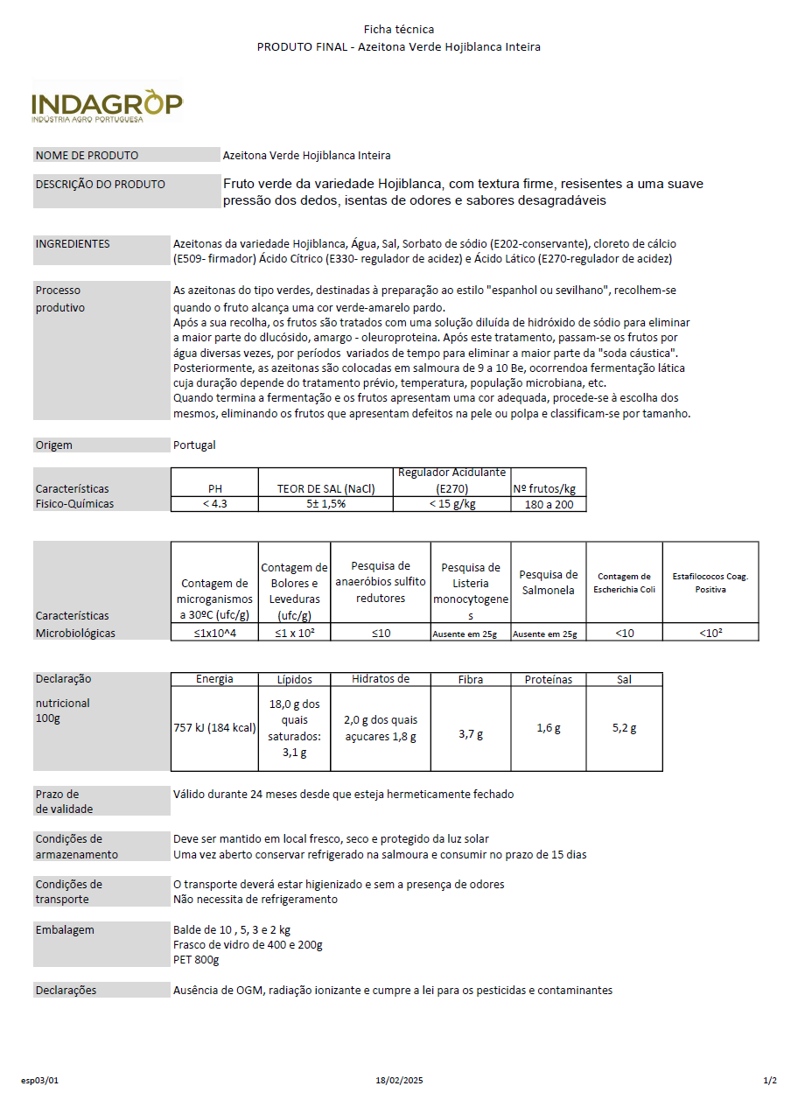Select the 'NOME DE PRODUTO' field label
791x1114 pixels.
coord(87,156)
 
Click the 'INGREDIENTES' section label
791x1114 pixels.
coord(73,244)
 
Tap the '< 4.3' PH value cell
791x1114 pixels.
coord(214,504)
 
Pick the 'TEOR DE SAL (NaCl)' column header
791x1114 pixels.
coord(325,488)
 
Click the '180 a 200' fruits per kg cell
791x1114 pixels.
coord(549,505)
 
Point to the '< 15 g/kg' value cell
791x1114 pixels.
coord(451,504)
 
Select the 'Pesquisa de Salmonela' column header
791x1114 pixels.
coord(549,582)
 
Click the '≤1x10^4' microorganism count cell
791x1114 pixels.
coord(215,633)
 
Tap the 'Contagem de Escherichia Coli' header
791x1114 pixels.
coord(624,583)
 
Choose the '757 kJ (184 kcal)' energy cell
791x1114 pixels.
coord(214,728)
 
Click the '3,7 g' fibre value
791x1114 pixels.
coord(471,734)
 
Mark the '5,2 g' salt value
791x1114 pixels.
coord(624,728)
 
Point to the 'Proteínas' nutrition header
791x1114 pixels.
coord(549,680)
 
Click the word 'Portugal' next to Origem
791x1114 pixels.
coord(194,445)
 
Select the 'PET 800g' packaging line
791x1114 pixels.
coord(196,960)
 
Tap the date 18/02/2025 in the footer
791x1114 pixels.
coord(399,1081)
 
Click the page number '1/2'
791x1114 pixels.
coord(770,1081)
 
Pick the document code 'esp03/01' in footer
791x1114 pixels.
coord(39,1081)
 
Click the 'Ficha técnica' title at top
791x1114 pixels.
coord(399,30)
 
